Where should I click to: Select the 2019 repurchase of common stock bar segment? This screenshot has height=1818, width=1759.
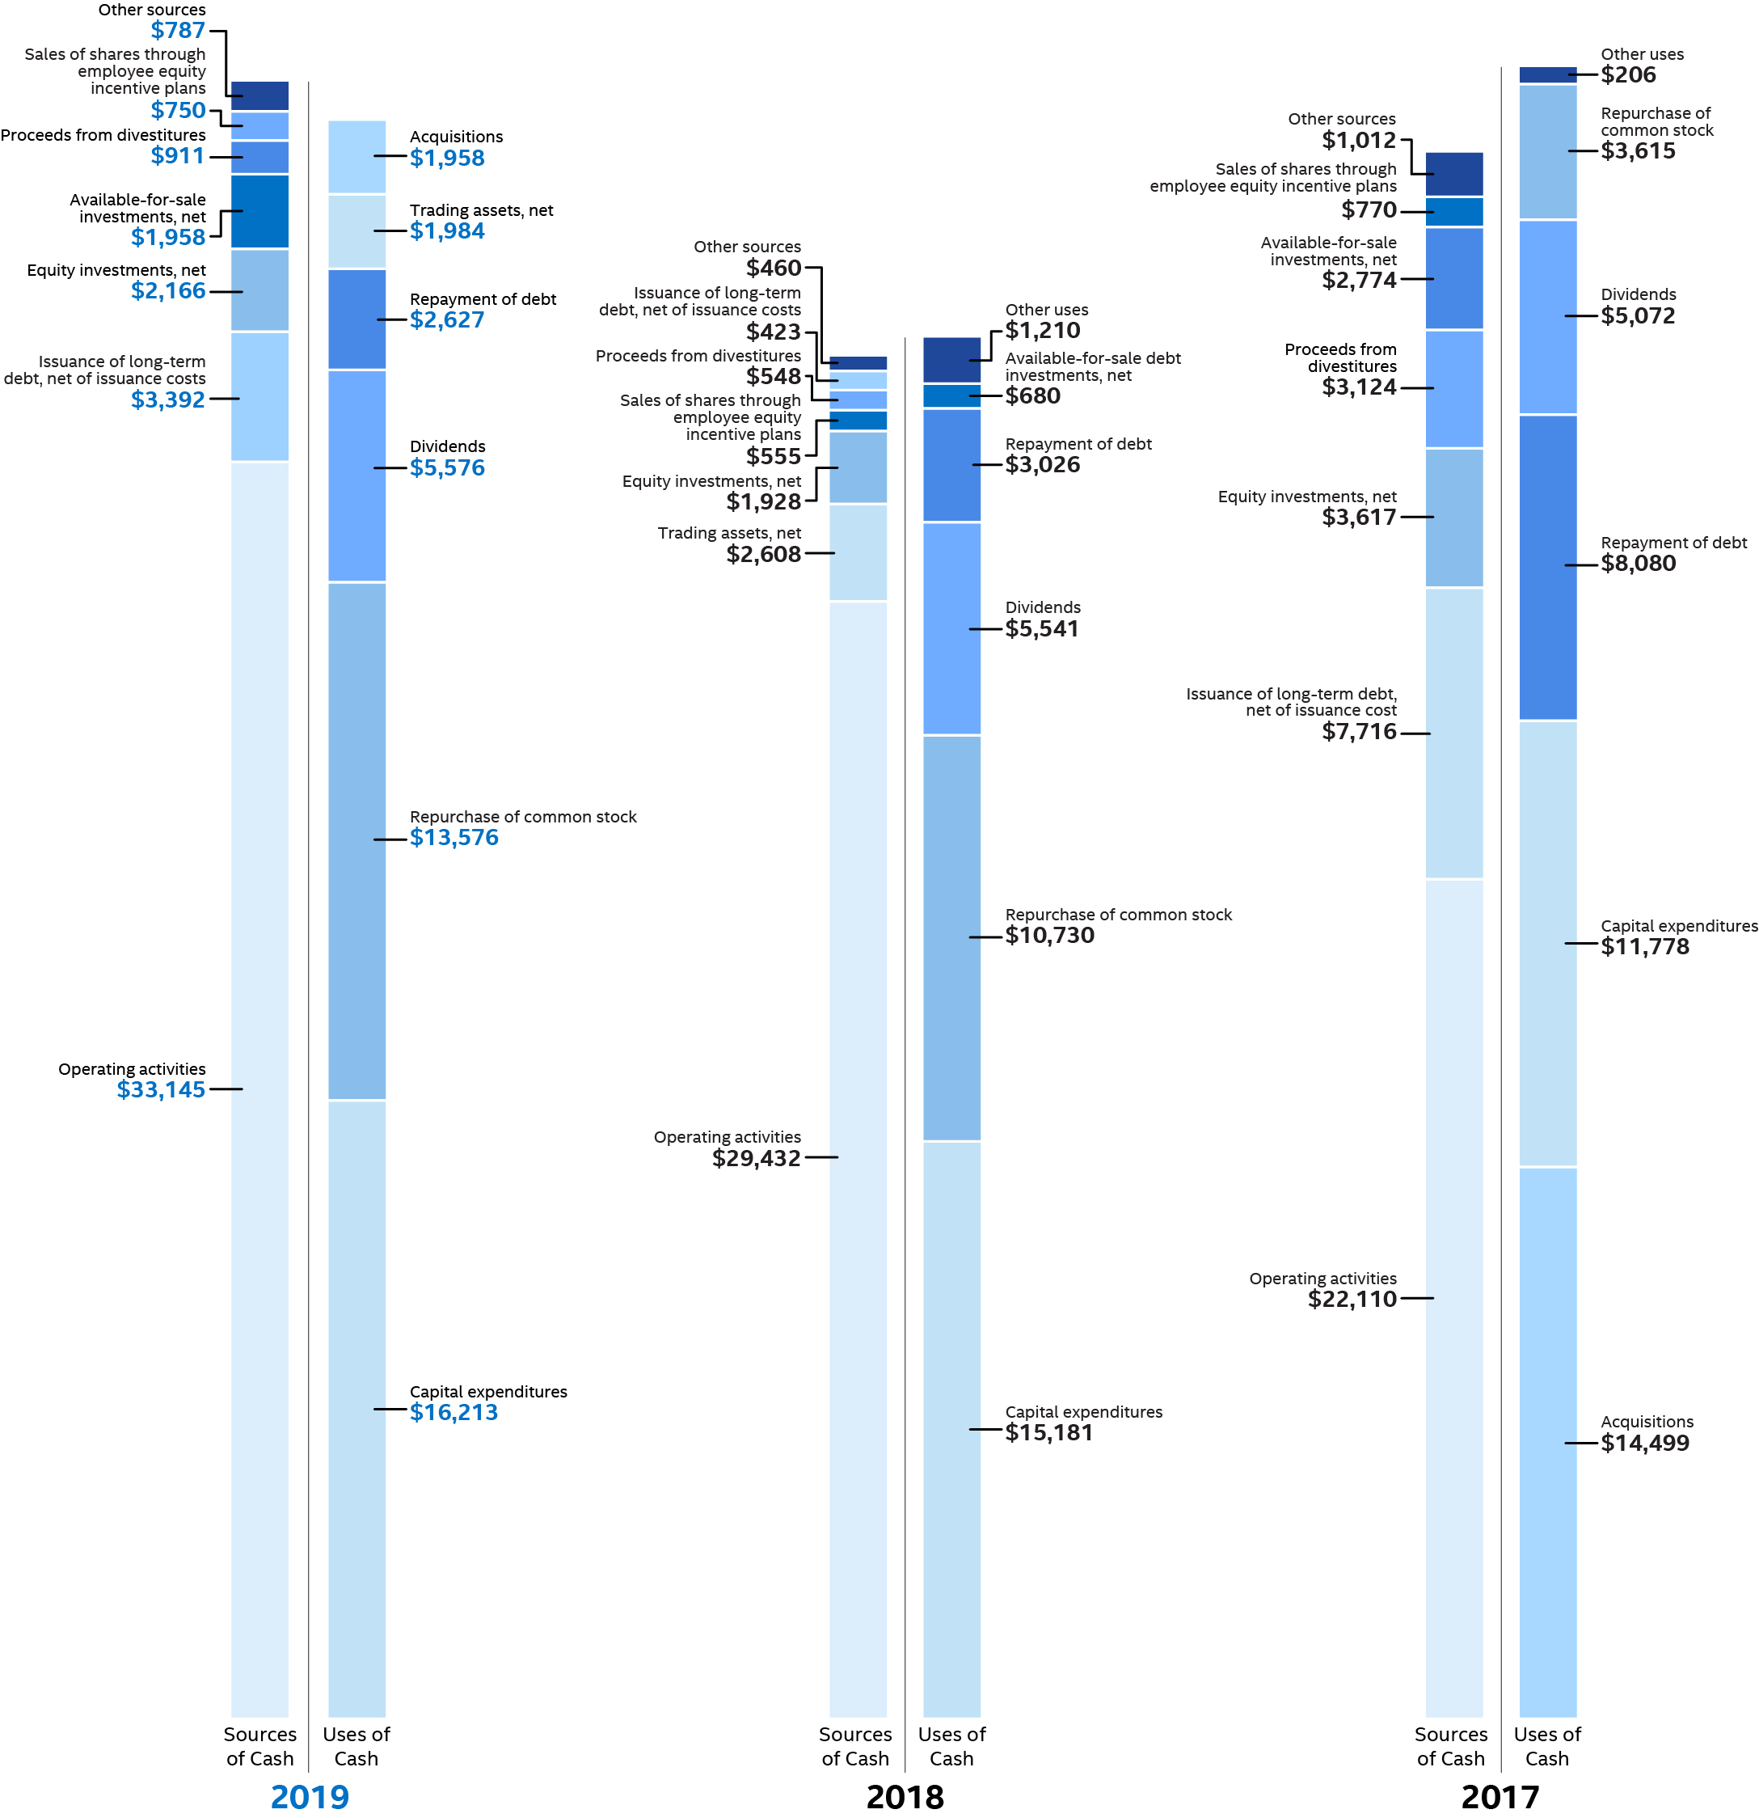click(357, 841)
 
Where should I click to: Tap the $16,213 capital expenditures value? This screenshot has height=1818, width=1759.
click(453, 1413)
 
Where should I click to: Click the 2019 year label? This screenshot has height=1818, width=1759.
click(309, 1798)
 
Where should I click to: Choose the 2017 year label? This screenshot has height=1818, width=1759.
click(1500, 1798)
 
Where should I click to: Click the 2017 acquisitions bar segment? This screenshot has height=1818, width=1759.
click(1546, 1442)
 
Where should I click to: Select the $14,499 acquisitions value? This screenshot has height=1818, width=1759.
click(1644, 1444)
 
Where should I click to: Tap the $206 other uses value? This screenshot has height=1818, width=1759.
click(1627, 75)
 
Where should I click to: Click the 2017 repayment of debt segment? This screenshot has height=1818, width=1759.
click(1546, 568)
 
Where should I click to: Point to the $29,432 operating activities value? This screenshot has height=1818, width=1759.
click(756, 1159)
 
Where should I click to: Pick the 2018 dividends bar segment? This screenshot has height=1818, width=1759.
click(951, 629)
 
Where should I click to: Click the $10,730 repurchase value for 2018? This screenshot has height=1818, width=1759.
click(1048, 936)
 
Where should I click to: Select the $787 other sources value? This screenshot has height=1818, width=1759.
click(177, 31)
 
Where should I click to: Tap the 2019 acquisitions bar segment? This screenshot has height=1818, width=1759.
click(357, 157)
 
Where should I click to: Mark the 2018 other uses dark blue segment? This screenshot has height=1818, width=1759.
click(951, 360)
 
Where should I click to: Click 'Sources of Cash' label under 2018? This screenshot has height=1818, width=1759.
click(855, 1747)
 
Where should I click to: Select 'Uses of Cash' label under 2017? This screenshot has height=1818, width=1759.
click(1546, 1747)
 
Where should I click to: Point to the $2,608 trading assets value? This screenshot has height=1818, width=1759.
click(762, 555)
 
